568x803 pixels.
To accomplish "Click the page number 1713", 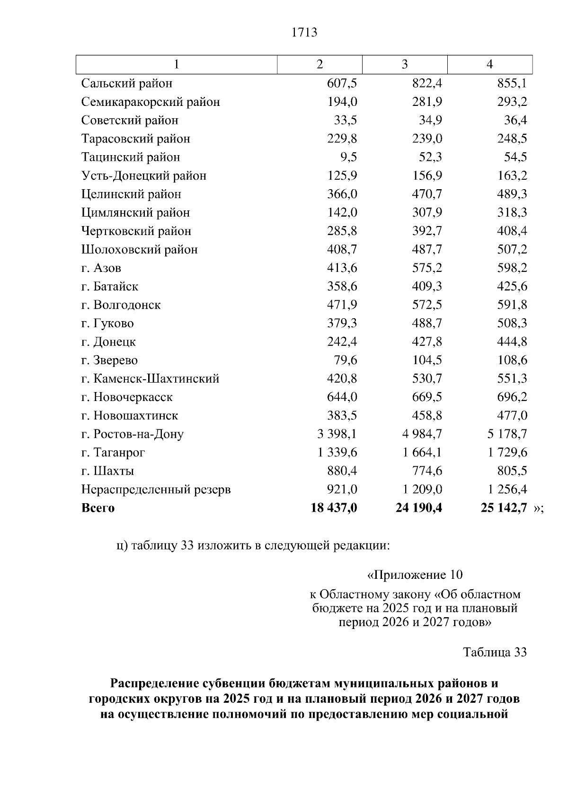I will tap(305, 33).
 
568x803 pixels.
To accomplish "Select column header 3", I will tap(404, 64).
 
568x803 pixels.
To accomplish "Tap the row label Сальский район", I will tap(127, 83).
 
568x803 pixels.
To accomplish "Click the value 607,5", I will tap(342, 83).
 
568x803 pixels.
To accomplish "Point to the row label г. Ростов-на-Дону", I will tap(133, 434).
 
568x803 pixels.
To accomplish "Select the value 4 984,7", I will tap(422, 434).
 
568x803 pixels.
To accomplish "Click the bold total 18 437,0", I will tap(334, 508).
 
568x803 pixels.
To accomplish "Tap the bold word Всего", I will tap(98, 508).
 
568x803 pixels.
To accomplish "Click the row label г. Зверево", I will tap(109, 360).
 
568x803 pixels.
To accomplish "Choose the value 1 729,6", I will tap(507, 453).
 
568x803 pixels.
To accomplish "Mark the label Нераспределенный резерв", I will tap(156, 489).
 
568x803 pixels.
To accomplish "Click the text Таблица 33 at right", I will tap(495, 652).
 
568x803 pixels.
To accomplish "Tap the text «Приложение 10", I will tap(415, 575).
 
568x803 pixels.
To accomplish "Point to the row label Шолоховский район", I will tap(140, 250).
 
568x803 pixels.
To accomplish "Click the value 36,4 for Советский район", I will tap(515, 120).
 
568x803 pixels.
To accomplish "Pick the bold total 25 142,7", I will tap(504, 508).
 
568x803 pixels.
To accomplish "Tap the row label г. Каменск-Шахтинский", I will tap(150, 379).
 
